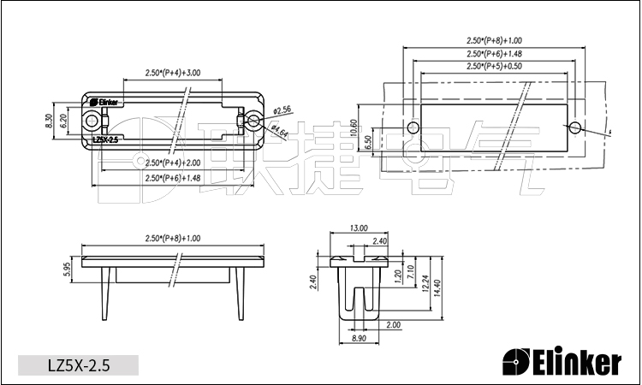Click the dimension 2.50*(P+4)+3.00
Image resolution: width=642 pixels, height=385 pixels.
pos(173,73)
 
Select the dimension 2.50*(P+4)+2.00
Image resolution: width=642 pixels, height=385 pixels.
pos(173,163)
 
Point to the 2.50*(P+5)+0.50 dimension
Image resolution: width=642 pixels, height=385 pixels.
pos(494,67)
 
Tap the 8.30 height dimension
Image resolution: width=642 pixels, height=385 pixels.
pos(49,121)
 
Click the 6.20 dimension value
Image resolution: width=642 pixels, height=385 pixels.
pos(63,121)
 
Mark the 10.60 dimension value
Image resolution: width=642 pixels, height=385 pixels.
pos(354,129)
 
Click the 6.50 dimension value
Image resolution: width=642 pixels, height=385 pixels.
pos(368,141)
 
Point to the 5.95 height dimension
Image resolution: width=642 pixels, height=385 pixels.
pos(67,269)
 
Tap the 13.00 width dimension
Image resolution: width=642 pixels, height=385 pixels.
pos(359,228)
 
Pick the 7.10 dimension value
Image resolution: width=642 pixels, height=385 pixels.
pos(412,273)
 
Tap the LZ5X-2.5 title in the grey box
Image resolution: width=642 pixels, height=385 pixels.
pos(78,365)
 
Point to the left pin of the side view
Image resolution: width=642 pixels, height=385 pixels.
pos(109,291)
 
